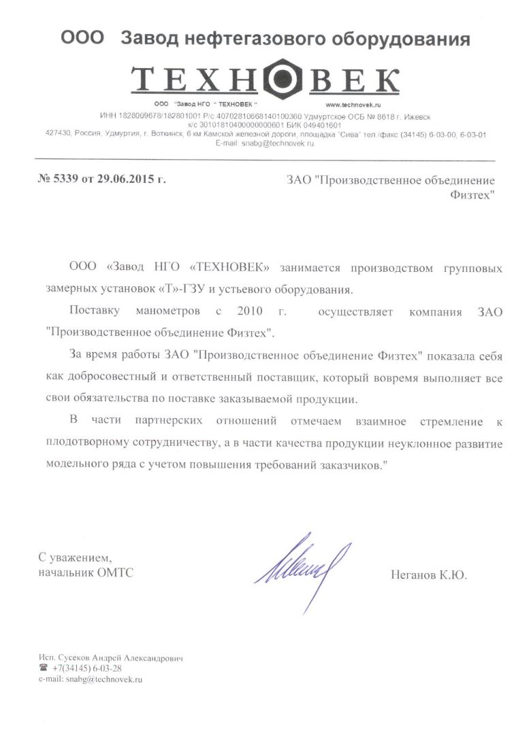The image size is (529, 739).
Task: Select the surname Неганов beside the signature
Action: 411,574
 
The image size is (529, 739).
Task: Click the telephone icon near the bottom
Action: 44,669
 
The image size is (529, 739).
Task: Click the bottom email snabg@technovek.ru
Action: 104,679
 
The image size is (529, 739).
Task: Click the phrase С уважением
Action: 73,557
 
